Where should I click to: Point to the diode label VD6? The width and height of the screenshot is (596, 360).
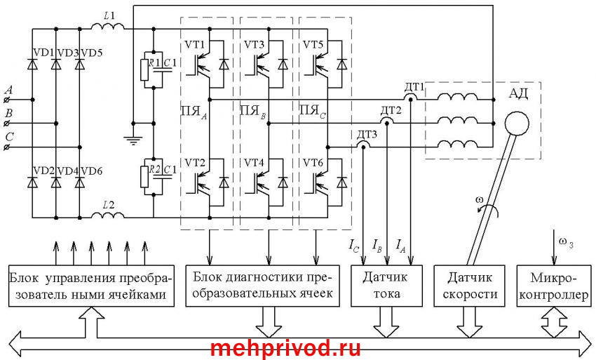click(x=93, y=171)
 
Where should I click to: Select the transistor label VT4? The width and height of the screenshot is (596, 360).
click(x=254, y=164)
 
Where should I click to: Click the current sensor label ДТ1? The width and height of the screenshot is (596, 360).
click(x=414, y=87)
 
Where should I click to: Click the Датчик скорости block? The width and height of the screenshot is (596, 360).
click(x=468, y=286)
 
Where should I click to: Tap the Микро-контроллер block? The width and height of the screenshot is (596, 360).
click(x=552, y=286)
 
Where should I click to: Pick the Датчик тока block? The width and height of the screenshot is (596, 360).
click(x=387, y=286)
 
